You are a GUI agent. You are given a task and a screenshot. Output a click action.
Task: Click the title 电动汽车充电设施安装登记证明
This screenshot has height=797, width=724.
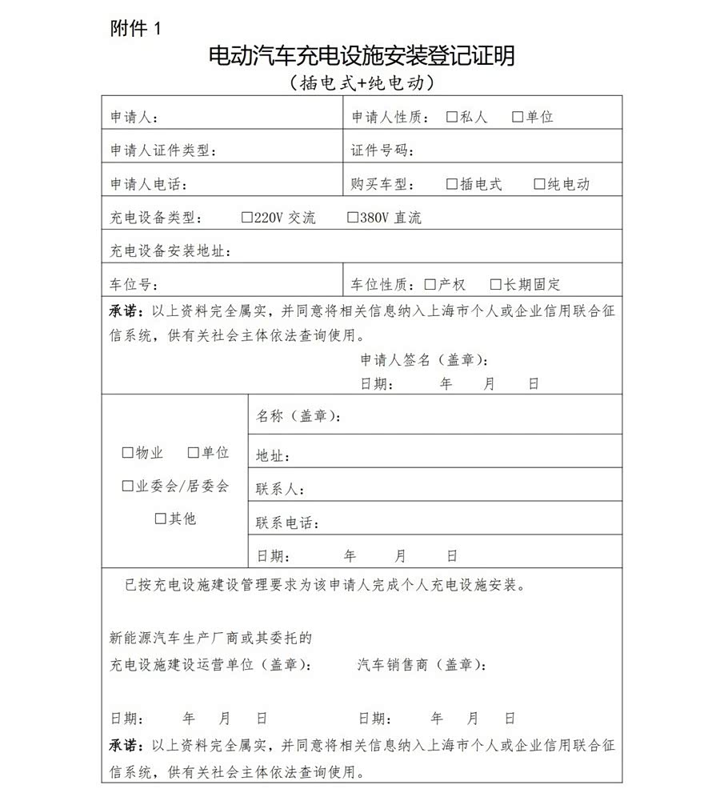[361, 56]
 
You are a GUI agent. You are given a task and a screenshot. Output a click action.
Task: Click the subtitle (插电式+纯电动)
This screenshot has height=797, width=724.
[361, 82]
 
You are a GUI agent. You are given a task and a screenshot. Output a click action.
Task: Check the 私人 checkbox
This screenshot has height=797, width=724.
[452, 117]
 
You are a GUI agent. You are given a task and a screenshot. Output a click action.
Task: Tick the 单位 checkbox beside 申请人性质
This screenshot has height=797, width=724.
[517, 117]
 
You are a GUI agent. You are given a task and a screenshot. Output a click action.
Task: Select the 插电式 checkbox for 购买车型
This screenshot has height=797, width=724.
[452, 184]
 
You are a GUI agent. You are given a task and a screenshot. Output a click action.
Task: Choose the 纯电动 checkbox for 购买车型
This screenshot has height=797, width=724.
[539, 184]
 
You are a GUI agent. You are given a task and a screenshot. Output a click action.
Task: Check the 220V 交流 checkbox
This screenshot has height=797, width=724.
[246, 218]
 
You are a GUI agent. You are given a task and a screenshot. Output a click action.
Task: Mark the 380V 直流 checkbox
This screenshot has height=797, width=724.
[352, 218]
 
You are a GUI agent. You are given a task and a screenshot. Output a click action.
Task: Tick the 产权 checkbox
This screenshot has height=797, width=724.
[430, 284]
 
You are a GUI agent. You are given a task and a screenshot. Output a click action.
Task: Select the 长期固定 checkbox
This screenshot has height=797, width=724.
[496, 284]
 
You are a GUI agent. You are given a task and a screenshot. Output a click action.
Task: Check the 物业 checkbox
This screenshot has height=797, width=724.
[127, 453]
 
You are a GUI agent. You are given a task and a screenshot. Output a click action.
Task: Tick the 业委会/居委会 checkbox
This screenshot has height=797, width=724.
[127, 486]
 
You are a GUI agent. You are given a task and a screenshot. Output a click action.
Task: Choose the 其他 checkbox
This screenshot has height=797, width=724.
[160, 519]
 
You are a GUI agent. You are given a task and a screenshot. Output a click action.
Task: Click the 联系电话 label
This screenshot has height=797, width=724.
[285, 523]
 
